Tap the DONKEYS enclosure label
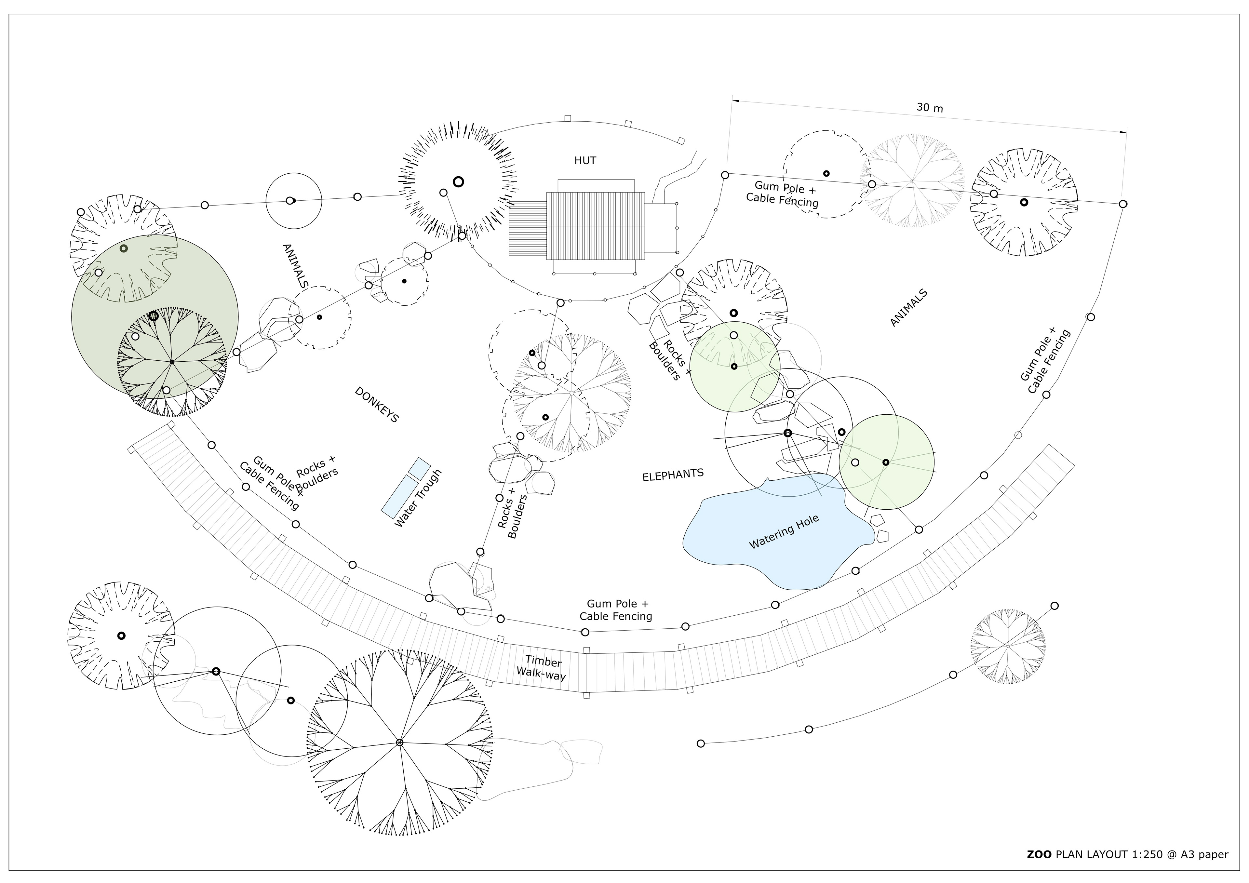(377, 405)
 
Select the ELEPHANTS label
(673, 475)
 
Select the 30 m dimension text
(930, 108)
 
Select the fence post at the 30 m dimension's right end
(1123, 204)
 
